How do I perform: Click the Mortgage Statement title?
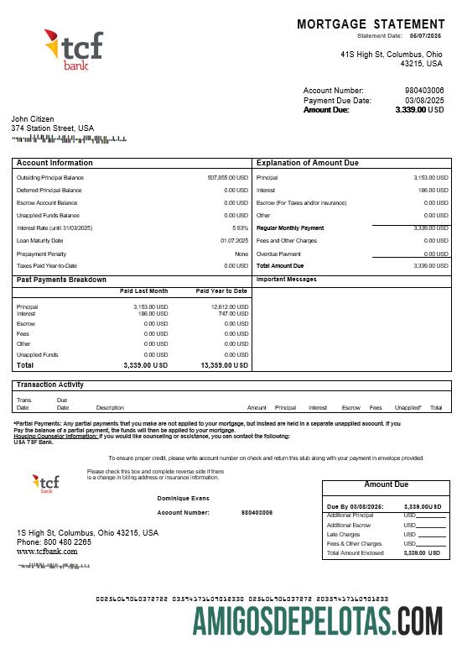pyautogui.click(x=371, y=24)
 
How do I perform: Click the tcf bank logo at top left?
pyautogui.click(x=73, y=50)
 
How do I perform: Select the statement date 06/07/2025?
pyautogui.click(x=424, y=36)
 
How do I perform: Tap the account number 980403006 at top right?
pyautogui.click(x=424, y=90)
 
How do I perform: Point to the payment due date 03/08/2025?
pyautogui.click(x=424, y=100)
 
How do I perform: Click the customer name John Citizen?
pyautogui.click(x=33, y=119)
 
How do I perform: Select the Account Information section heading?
pyautogui.click(x=55, y=163)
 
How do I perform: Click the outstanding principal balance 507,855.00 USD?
pyautogui.click(x=227, y=178)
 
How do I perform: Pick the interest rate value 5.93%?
pyautogui.click(x=240, y=228)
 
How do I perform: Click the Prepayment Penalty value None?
pyautogui.click(x=241, y=254)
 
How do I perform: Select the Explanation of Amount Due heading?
pyautogui.click(x=307, y=163)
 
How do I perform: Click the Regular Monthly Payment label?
pyautogui.click(x=289, y=228)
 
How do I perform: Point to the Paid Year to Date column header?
pyautogui.click(x=221, y=290)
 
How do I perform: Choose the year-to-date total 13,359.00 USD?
pyautogui.click(x=224, y=366)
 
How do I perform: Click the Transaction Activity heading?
pyautogui.click(x=49, y=385)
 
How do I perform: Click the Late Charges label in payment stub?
pyautogui.click(x=344, y=534)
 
